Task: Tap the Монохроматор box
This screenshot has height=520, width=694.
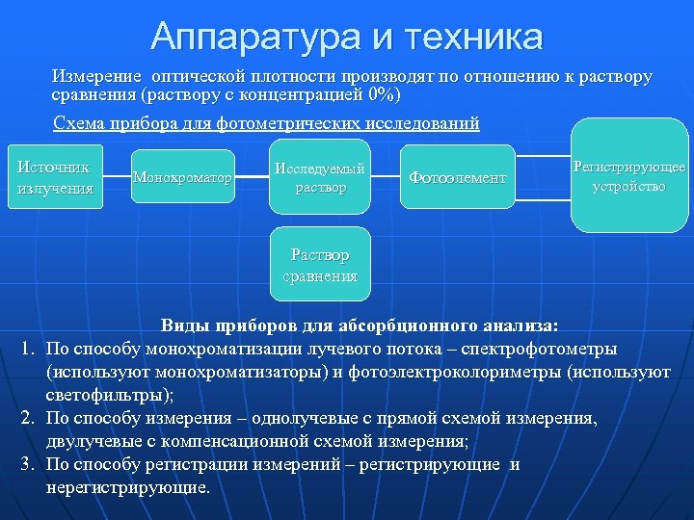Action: pos(183,177)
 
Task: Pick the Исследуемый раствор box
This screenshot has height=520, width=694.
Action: pos(320,177)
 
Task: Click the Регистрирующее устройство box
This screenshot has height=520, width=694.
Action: pos(629,175)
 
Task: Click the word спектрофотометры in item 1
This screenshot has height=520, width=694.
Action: pos(546,349)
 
